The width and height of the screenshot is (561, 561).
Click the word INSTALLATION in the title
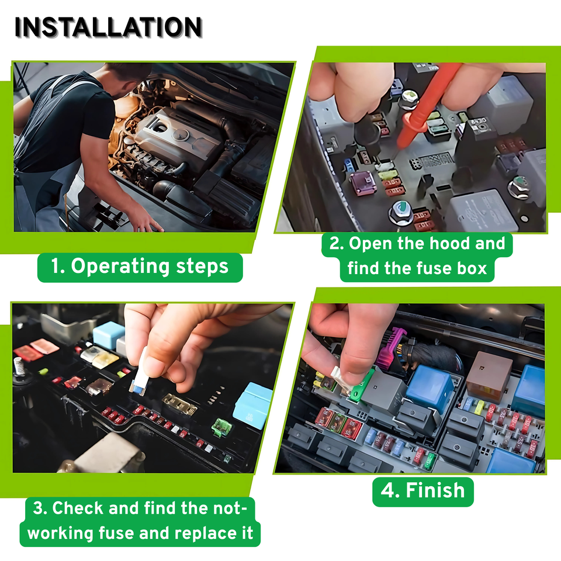click(x=109, y=27)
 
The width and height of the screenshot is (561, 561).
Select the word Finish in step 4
click(x=435, y=490)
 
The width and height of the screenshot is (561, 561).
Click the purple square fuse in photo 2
click(x=362, y=182)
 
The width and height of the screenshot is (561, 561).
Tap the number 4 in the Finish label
click(x=387, y=490)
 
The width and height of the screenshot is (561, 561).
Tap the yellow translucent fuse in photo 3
click(x=105, y=359)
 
